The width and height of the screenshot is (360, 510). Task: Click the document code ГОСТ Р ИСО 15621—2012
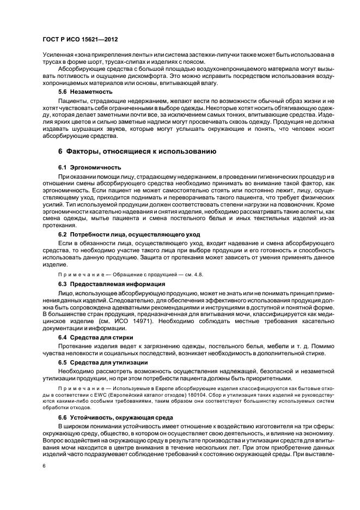(80, 40)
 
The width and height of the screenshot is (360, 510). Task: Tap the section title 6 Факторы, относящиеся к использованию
(137, 151)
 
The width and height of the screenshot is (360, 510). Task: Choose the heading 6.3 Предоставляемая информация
(105, 284)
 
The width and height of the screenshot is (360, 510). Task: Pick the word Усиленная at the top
(57, 54)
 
